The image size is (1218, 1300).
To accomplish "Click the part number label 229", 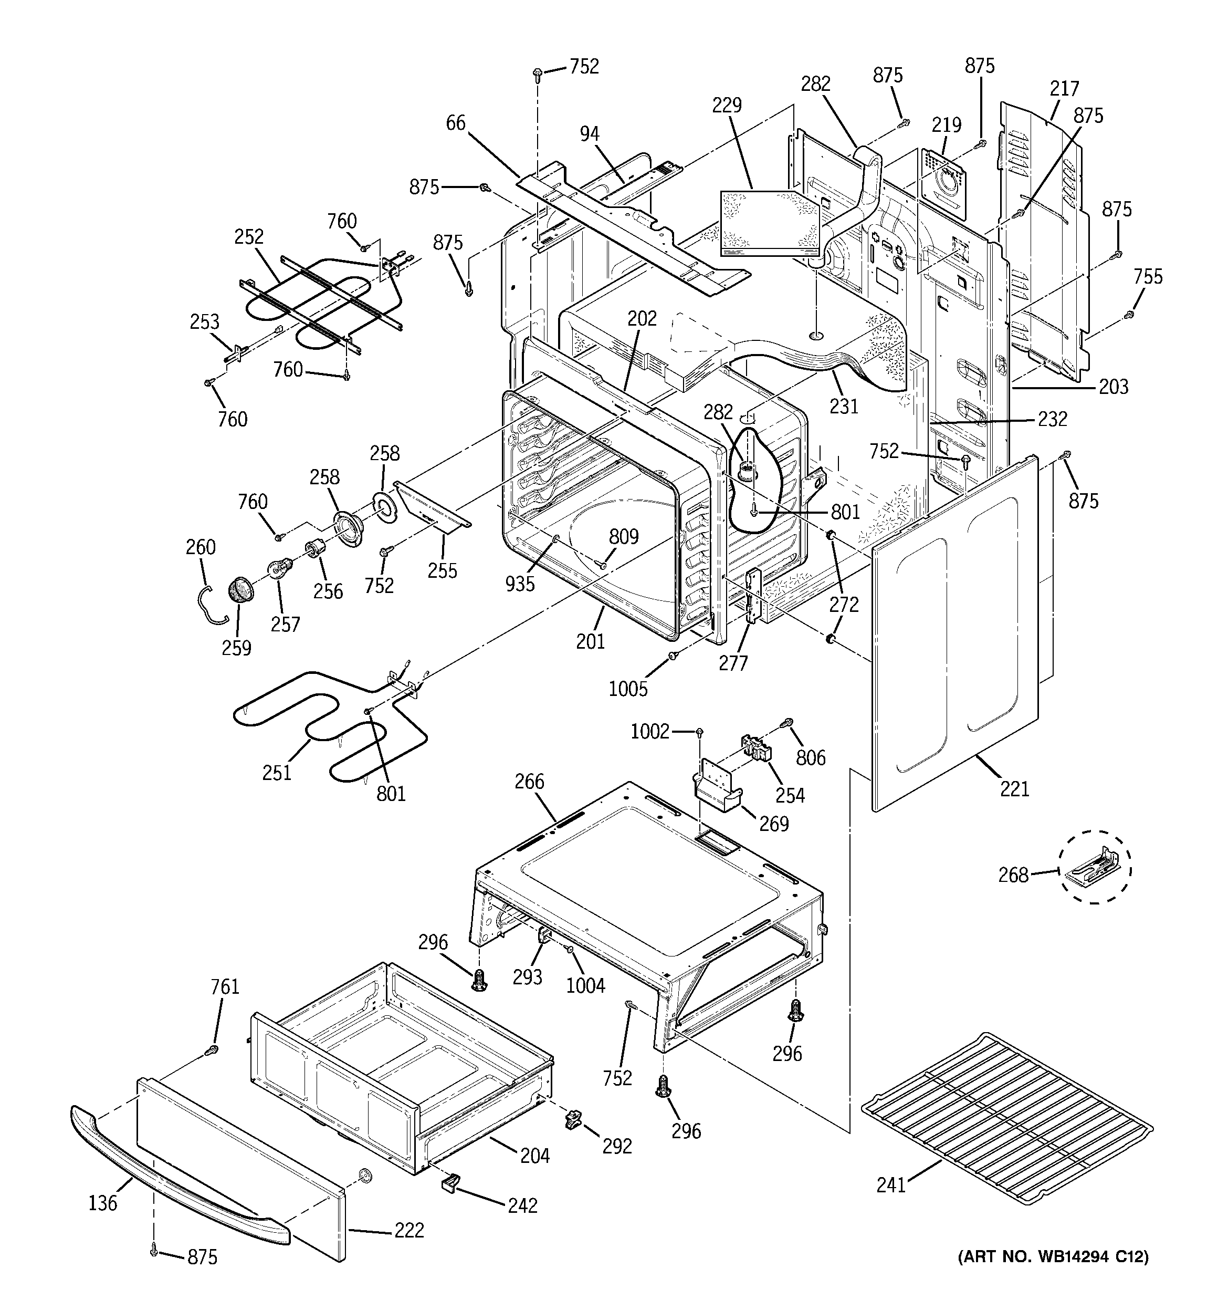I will tap(727, 105).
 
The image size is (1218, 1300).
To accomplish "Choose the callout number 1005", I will tap(627, 689).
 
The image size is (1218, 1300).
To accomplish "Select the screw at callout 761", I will tap(211, 1050).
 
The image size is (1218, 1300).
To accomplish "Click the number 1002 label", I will tap(650, 732).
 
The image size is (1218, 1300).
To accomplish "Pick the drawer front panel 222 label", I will tap(408, 1230).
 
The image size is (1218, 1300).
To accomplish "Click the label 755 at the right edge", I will tap(1148, 277).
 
